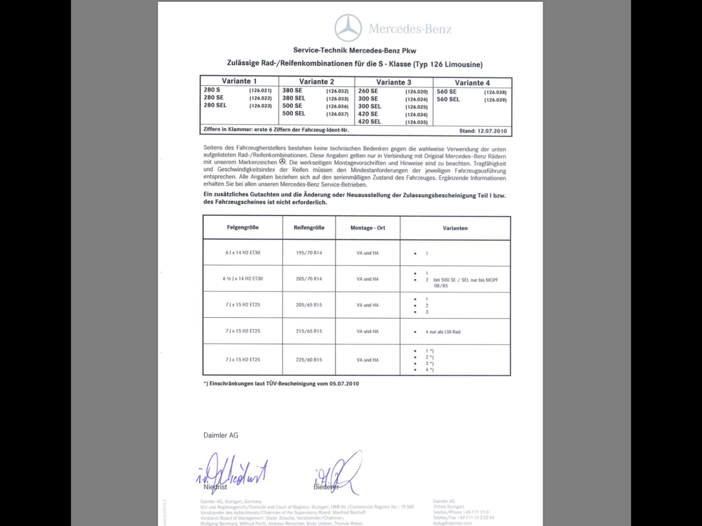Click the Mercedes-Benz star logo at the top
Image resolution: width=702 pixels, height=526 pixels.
pyautogui.click(x=348, y=28)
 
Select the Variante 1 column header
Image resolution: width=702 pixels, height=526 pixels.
pyautogui.click(x=239, y=81)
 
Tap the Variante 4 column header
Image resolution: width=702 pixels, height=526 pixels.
pyautogui.click(x=472, y=83)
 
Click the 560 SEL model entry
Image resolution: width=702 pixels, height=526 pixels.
pyautogui.click(x=448, y=100)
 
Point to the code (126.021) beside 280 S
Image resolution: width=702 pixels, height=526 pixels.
pyautogui.click(x=261, y=91)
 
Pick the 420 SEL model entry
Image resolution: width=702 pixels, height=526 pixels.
pyautogui.click(x=369, y=121)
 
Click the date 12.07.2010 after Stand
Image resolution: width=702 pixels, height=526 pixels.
pyautogui.click(x=492, y=131)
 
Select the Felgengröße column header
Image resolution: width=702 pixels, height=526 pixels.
pyautogui.click(x=243, y=227)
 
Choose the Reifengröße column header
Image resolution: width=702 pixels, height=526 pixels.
pyautogui.click(x=309, y=227)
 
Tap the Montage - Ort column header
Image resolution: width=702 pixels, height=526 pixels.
pyautogui.click(x=368, y=228)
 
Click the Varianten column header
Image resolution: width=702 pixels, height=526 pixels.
pyautogui.click(x=455, y=228)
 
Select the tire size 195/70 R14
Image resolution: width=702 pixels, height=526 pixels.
pyautogui.click(x=309, y=253)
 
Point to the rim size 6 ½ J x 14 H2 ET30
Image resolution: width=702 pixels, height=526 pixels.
pyautogui.click(x=243, y=279)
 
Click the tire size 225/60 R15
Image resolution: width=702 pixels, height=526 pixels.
pyautogui.click(x=309, y=360)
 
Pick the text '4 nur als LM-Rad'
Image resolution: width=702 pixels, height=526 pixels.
pyautogui.click(x=443, y=332)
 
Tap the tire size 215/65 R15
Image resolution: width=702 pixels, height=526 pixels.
pyautogui.click(x=309, y=331)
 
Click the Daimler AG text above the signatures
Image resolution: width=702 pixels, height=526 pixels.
pyautogui.click(x=221, y=435)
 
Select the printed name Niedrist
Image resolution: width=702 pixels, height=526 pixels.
pyautogui.click(x=215, y=487)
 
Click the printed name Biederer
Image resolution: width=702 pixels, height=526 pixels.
pyautogui.click(x=326, y=487)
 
